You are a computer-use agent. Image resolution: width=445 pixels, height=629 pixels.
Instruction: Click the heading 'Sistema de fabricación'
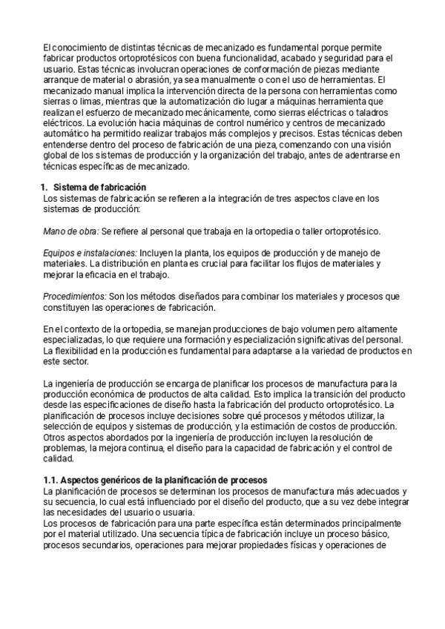pos(100,186)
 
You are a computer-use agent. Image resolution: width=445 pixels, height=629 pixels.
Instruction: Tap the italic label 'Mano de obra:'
pos(71,231)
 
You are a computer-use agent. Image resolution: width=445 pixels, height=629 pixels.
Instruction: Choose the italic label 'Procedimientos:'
pos(76,296)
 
